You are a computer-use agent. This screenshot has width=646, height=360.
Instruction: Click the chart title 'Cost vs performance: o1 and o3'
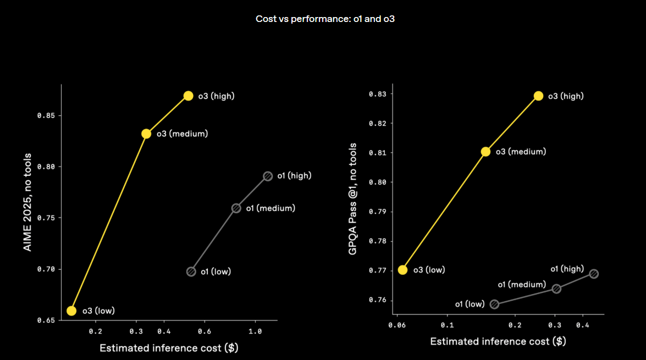click(x=325, y=19)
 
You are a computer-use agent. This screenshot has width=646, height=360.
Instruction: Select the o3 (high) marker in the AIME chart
click(x=188, y=96)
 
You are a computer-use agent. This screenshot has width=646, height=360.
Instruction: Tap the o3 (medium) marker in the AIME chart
click(x=146, y=134)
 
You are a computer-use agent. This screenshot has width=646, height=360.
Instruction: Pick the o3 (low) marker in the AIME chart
click(x=71, y=311)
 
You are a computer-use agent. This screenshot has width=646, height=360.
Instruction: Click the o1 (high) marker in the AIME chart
click(x=268, y=176)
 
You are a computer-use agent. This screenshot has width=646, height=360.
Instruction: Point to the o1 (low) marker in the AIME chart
click(x=191, y=272)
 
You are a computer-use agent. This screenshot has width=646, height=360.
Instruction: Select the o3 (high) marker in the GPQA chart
click(x=538, y=96)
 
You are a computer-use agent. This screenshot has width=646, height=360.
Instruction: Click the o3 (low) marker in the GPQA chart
click(x=402, y=269)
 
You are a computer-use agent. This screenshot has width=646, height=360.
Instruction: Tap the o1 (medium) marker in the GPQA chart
click(x=556, y=289)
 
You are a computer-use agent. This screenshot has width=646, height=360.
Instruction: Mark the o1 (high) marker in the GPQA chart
click(x=594, y=274)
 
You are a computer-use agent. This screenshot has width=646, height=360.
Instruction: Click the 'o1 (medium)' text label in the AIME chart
click(x=270, y=208)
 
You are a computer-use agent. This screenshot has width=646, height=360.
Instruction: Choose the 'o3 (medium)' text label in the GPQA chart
click(x=521, y=152)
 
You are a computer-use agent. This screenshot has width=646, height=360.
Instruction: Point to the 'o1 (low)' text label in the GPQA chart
click(x=470, y=304)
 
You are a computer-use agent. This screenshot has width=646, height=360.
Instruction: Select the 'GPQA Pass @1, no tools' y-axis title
click(x=352, y=198)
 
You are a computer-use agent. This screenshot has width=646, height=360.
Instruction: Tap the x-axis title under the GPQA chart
click(x=498, y=341)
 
